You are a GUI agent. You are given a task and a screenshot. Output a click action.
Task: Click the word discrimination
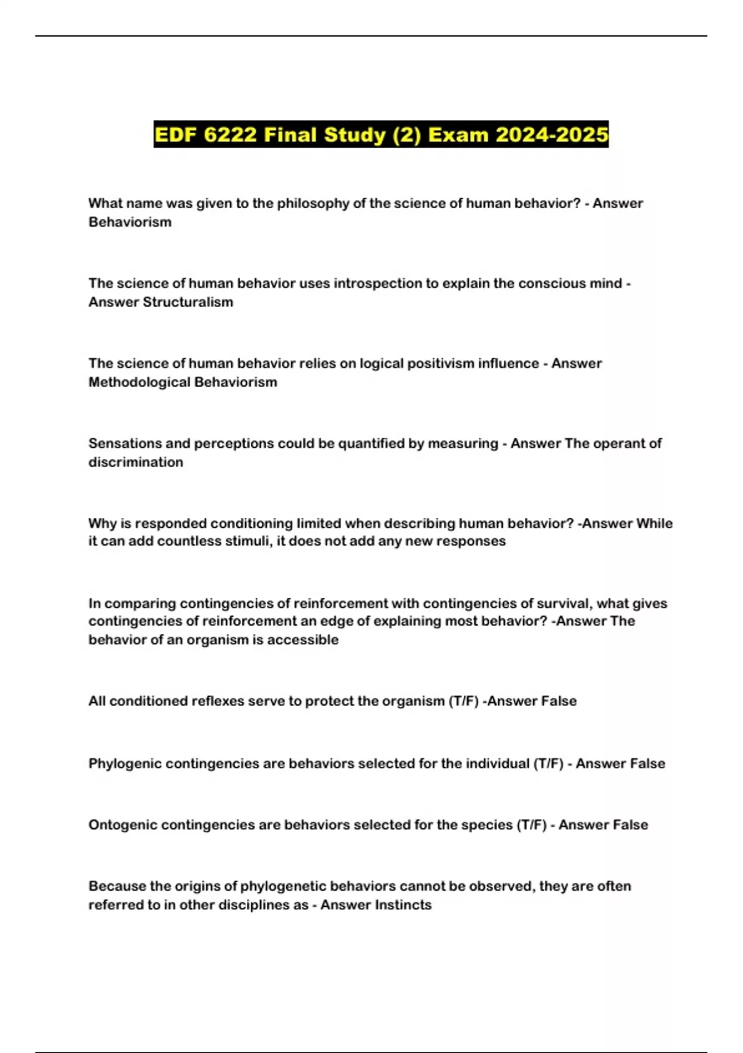(x=136, y=462)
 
